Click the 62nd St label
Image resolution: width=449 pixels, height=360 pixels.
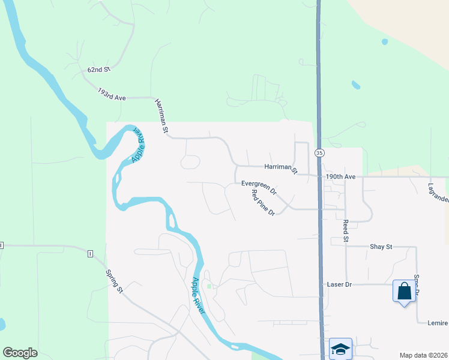point(99,70)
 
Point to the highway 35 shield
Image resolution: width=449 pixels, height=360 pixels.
point(319,153)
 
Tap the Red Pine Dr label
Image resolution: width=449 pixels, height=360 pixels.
point(263,203)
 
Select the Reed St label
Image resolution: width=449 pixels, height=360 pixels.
point(346,230)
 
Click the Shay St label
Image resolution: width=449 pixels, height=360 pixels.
point(381,247)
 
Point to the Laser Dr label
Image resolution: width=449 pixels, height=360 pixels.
point(339,284)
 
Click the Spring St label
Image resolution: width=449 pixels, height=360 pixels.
point(114,281)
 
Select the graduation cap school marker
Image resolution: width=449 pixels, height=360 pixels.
point(340,349)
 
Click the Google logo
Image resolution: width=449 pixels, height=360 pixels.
point(20,353)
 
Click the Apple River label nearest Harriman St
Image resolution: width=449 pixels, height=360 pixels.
point(137,144)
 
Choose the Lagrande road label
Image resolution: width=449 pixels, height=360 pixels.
point(439,191)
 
